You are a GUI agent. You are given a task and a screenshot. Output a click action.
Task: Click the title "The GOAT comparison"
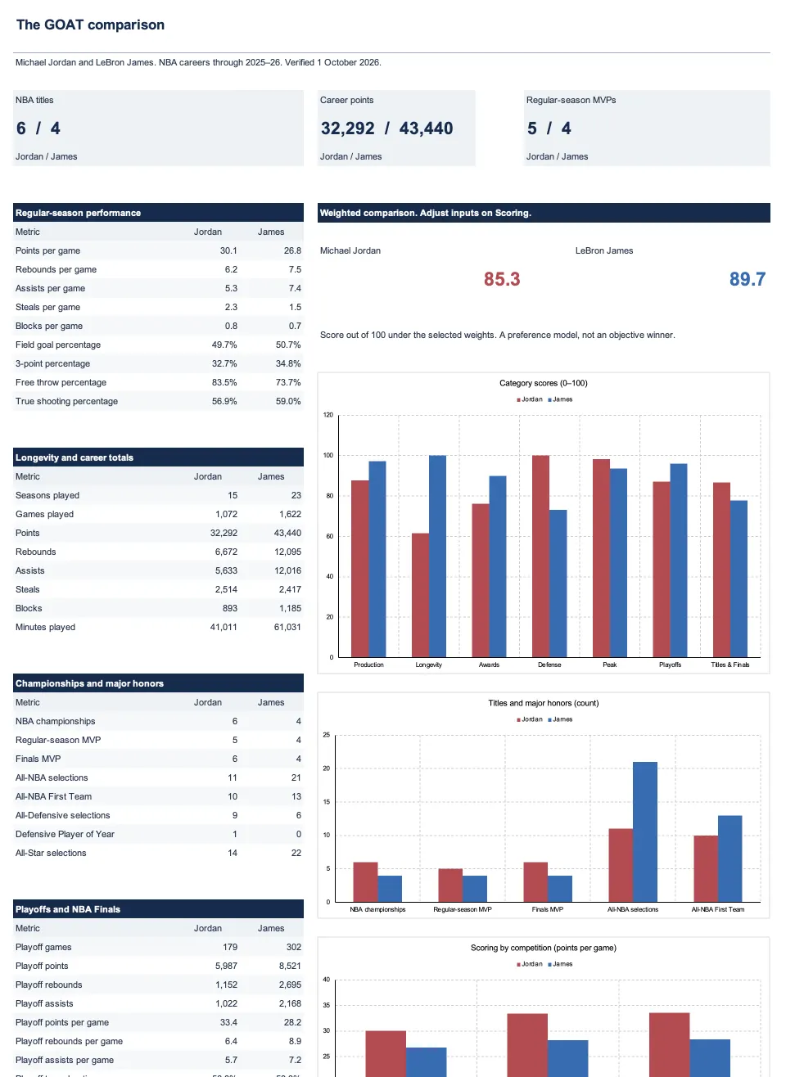coord(90,25)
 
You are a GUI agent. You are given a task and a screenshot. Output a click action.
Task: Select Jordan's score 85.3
coord(502,279)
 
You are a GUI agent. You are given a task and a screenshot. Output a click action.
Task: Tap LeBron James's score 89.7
coord(748,279)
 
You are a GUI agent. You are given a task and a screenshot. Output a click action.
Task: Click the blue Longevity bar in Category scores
coord(437,556)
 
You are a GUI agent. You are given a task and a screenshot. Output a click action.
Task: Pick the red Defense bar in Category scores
coord(540,556)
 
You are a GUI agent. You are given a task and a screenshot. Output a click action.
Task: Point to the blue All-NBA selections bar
coord(645,831)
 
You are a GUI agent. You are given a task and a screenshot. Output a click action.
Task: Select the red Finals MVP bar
coord(535,881)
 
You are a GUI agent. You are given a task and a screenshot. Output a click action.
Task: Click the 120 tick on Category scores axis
coord(328,415)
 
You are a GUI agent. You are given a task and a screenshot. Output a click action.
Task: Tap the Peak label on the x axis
coord(610,665)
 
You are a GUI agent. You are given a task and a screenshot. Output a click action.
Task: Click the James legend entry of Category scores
coord(560,399)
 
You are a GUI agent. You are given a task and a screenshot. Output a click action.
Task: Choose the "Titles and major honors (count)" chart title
coord(544,703)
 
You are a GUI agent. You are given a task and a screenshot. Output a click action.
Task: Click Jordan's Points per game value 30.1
coord(228,250)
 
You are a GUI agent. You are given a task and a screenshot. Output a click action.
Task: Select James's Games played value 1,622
coord(290,514)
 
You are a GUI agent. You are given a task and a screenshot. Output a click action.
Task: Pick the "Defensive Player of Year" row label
coord(65,834)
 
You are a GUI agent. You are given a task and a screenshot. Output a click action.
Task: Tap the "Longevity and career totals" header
coord(75,457)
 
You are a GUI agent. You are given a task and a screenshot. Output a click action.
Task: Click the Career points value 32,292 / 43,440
coord(386,128)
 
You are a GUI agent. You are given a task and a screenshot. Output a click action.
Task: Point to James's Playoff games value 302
coord(293,947)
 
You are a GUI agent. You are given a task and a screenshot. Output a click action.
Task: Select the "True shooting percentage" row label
coord(66,401)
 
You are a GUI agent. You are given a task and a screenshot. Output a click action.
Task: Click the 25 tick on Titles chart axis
coord(327,735)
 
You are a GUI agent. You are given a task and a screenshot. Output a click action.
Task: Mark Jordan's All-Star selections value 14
coord(233,853)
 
